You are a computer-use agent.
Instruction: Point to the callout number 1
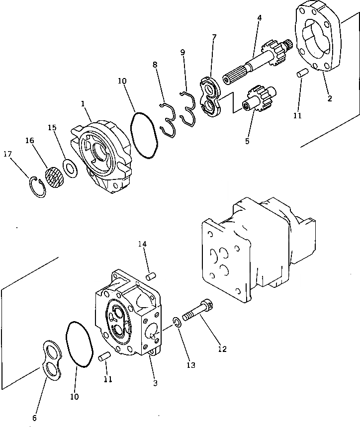pyautogui.click(x=83, y=105)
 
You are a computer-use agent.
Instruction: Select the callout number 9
pyautogui.click(x=183, y=52)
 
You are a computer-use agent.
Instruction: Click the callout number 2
pyautogui.click(x=329, y=98)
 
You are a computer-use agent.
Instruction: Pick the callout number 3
pyautogui.click(x=156, y=383)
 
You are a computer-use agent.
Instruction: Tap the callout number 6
pyautogui.click(x=34, y=419)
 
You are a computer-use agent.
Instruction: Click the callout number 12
pyautogui.click(x=222, y=349)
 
